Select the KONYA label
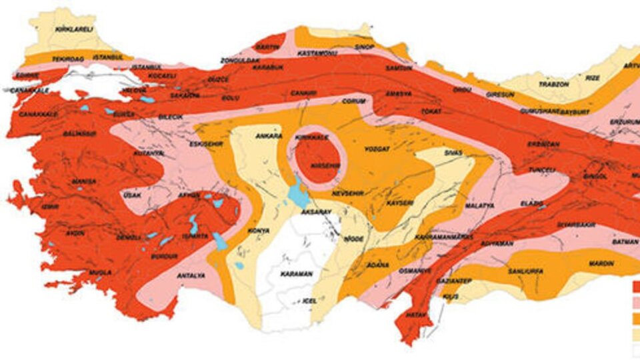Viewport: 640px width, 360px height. pos(259,231)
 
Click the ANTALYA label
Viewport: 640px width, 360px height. pos(191,275)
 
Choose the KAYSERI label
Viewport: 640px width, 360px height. pos(400,201)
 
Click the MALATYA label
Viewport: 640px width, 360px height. pos(480,205)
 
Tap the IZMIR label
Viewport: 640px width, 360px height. pos(50,207)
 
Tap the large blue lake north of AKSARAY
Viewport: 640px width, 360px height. pos(295,196)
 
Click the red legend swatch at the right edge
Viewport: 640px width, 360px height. pos(635,287)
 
